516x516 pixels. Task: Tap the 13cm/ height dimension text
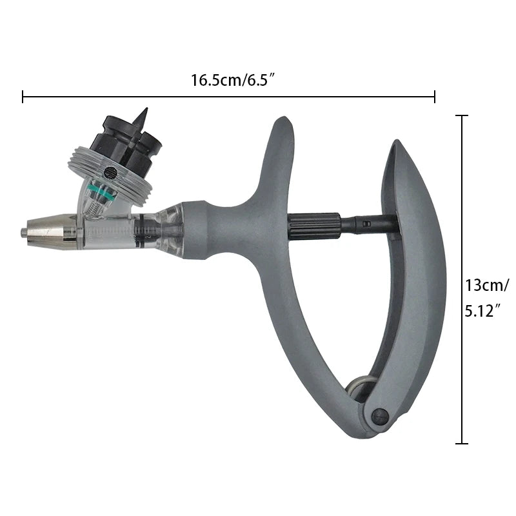point(487,284)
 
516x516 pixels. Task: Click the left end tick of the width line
point(23,97)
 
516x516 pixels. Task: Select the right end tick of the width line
point(435,97)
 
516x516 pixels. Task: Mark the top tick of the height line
point(462,115)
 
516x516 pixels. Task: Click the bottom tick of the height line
point(462,443)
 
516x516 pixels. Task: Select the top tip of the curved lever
point(395,146)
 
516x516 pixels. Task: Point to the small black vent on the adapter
point(109,172)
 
